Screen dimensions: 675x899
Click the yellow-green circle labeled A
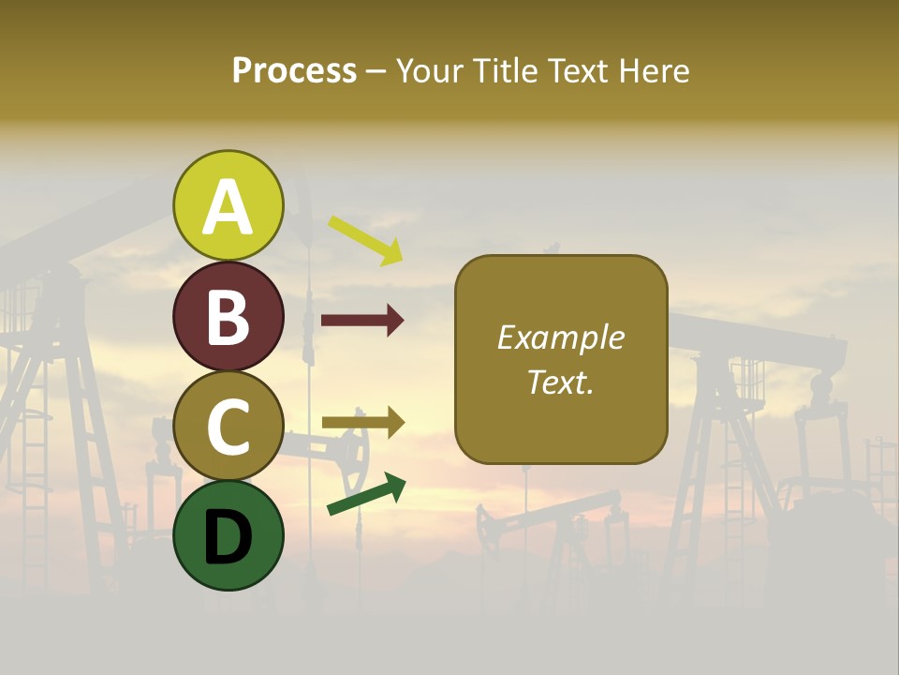tap(228, 205)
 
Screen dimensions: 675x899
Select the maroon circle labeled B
tap(228, 316)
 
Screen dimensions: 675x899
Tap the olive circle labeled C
tap(228, 426)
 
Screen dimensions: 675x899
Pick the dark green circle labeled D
tap(228, 535)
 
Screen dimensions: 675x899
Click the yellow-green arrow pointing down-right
tap(365, 240)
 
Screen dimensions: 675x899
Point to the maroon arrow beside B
tap(362, 321)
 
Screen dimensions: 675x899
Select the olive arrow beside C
tap(362, 423)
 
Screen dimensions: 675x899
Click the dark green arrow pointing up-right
tap(366, 495)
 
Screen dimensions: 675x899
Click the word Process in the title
tap(294, 70)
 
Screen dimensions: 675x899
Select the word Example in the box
tap(560, 337)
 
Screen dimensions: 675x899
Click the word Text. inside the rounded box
tap(560, 382)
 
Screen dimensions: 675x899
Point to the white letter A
tap(228, 206)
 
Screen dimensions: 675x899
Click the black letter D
tap(228, 536)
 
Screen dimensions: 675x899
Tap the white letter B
tap(228, 317)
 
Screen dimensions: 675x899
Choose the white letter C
tap(228, 427)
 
